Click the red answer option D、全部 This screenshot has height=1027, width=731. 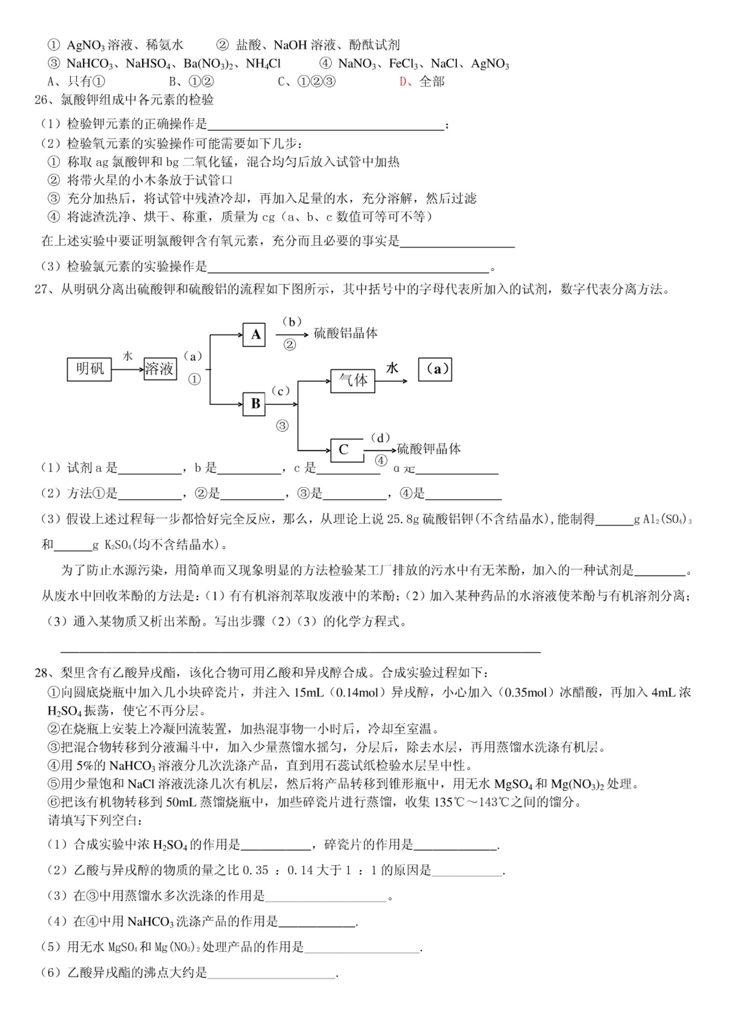421,81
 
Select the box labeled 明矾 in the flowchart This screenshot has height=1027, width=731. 89,369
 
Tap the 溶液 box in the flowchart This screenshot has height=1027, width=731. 160,369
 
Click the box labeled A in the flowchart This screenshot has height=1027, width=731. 254,335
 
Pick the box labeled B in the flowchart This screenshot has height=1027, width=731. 254,404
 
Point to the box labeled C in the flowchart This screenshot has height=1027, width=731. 346,450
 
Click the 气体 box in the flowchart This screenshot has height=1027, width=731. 352,380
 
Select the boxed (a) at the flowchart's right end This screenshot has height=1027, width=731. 435,369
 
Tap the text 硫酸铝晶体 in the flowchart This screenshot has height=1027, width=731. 345,333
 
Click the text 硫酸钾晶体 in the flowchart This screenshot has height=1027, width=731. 429,449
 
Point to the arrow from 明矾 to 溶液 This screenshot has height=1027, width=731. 127,369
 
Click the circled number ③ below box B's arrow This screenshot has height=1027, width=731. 282,426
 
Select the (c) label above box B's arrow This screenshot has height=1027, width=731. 280,391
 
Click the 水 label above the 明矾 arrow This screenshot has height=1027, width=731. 128,356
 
